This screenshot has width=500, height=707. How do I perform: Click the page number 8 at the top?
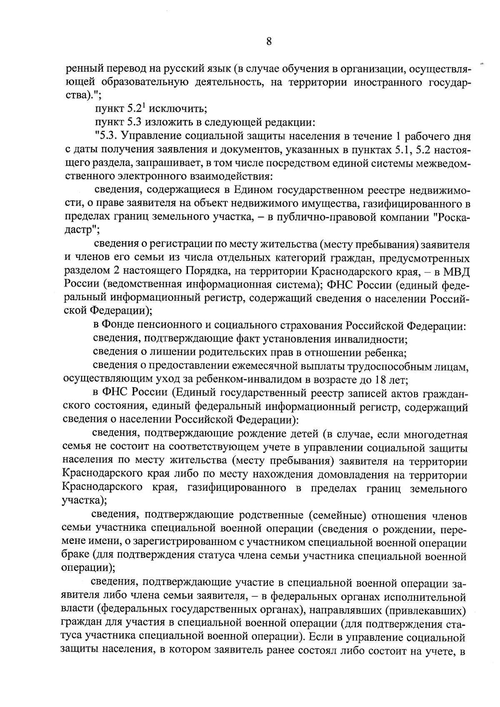268,41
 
